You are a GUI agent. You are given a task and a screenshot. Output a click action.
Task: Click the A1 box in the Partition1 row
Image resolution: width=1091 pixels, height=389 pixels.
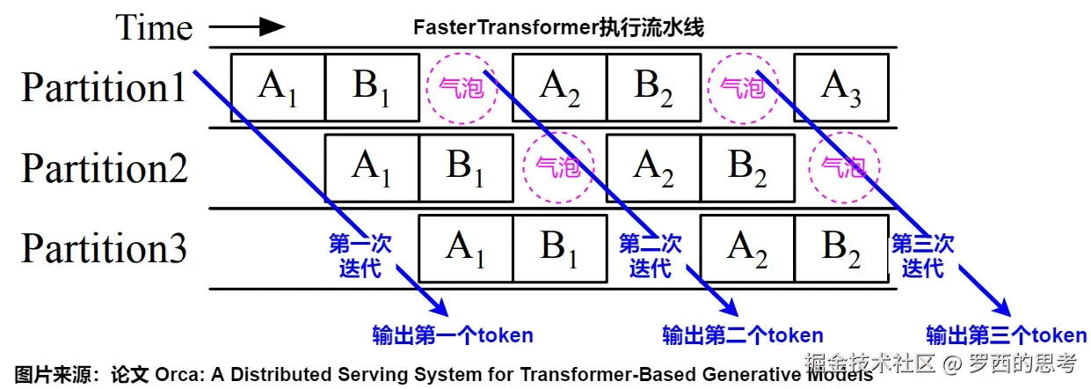click(x=278, y=87)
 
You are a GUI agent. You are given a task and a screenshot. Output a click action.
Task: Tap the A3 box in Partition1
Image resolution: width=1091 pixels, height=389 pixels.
click(x=840, y=87)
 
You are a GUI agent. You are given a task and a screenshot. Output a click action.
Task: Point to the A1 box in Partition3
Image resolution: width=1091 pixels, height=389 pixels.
click(x=466, y=248)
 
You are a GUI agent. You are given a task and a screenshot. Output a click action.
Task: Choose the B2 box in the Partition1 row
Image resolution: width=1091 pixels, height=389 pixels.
click(x=653, y=87)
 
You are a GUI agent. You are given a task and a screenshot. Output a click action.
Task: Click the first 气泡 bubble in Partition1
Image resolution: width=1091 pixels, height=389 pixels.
click(x=462, y=87)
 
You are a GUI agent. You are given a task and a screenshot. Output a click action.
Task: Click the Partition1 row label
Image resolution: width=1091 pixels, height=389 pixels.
click(x=104, y=87)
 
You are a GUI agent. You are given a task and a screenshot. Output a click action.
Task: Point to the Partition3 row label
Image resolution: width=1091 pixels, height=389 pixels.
click(x=104, y=248)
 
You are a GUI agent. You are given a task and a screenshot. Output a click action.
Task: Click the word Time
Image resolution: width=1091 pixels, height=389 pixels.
click(x=154, y=27)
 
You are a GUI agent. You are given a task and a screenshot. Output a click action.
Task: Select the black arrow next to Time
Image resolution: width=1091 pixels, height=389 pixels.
click(x=247, y=27)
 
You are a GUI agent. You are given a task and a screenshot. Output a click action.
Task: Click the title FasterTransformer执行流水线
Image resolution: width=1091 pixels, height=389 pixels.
click(x=558, y=27)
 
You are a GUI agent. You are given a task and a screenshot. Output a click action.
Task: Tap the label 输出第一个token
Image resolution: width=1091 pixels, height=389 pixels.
click(x=453, y=335)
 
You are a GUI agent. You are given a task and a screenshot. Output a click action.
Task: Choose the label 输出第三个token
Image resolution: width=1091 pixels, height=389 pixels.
click(x=1007, y=335)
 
